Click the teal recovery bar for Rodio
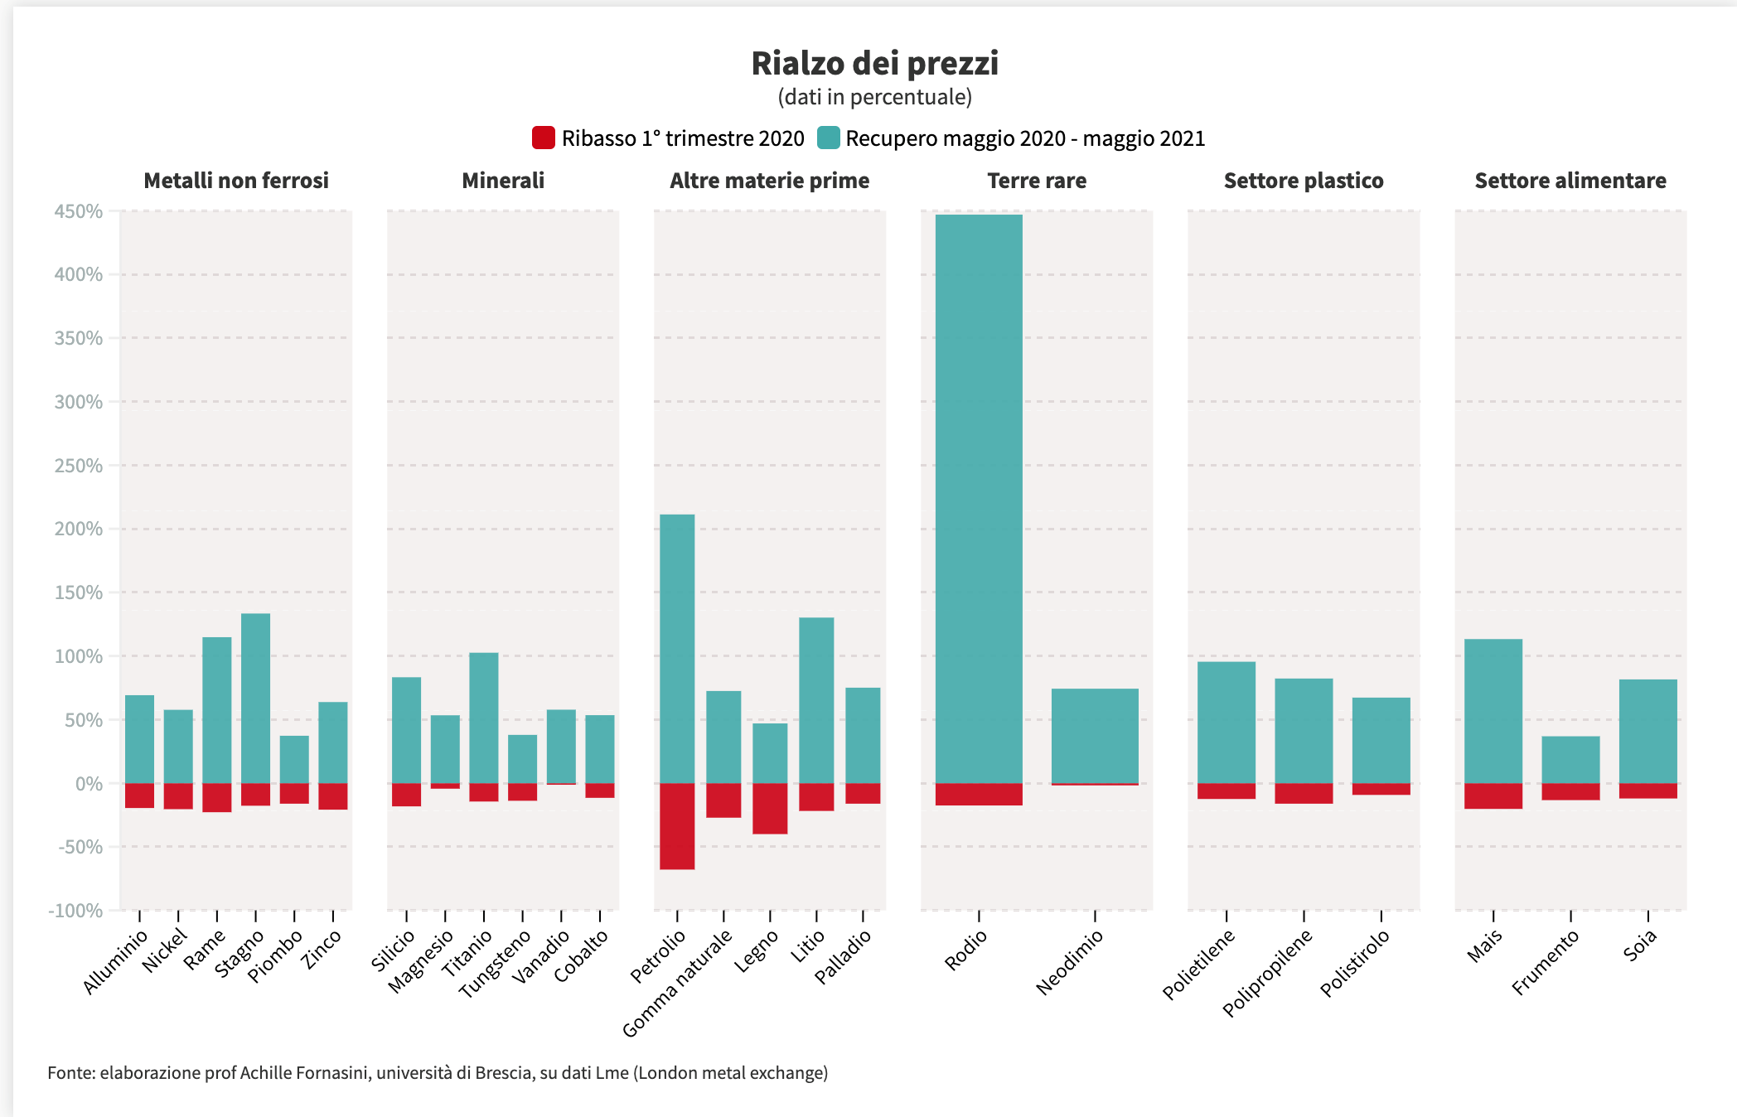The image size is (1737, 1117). (x=979, y=497)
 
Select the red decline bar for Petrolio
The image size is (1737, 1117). (x=677, y=826)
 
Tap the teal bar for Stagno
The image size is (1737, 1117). (x=255, y=698)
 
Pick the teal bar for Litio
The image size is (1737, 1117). (x=816, y=700)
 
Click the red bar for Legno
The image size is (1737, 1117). (x=770, y=808)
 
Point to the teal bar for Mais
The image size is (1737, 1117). (x=1493, y=711)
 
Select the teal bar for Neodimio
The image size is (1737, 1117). (x=1095, y=735)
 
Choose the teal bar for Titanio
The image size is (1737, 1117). (x=484, y=718)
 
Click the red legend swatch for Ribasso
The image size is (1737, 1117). (x=544, y=138)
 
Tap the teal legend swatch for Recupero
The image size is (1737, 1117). (x=828, y=138)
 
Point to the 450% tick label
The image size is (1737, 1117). (x=79, y=211)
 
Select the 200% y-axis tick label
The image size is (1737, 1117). (x=79, y=529)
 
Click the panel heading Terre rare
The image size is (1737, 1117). (x=1037, y=181)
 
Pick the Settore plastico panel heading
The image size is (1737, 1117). (x=1304, y=181)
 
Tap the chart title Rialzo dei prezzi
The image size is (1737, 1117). (x=875, y=64)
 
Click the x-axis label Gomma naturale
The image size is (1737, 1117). (x=677, y=983)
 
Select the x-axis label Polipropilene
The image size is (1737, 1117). (x=1268, y=972)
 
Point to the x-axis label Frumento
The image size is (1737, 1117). (x=1546, y=961)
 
